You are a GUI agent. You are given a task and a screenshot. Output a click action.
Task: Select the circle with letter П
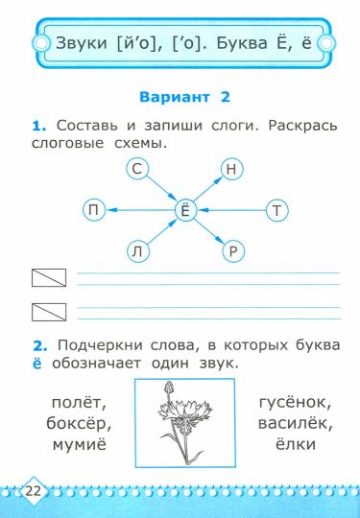point(94,210)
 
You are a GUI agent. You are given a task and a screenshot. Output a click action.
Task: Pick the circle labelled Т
point(277,210)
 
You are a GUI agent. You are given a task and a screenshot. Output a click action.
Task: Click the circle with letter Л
point(137,251)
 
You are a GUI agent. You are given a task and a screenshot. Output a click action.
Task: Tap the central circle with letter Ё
point(184,210)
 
